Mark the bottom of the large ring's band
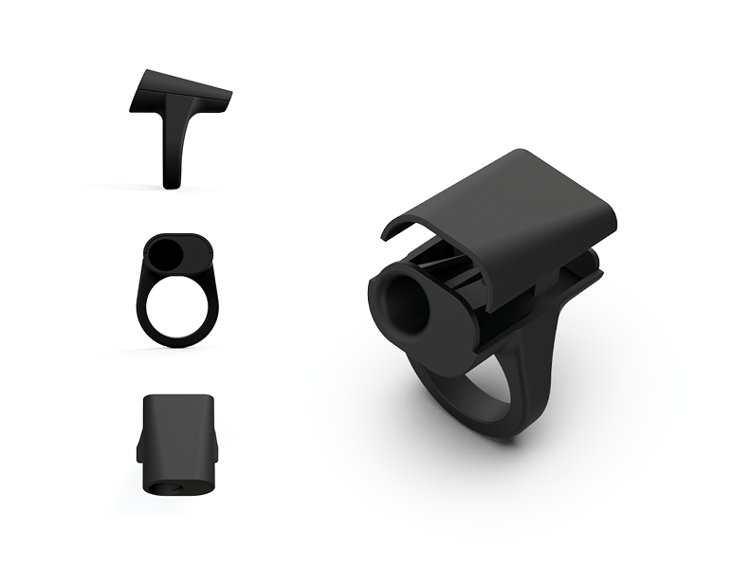click(503, 429)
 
